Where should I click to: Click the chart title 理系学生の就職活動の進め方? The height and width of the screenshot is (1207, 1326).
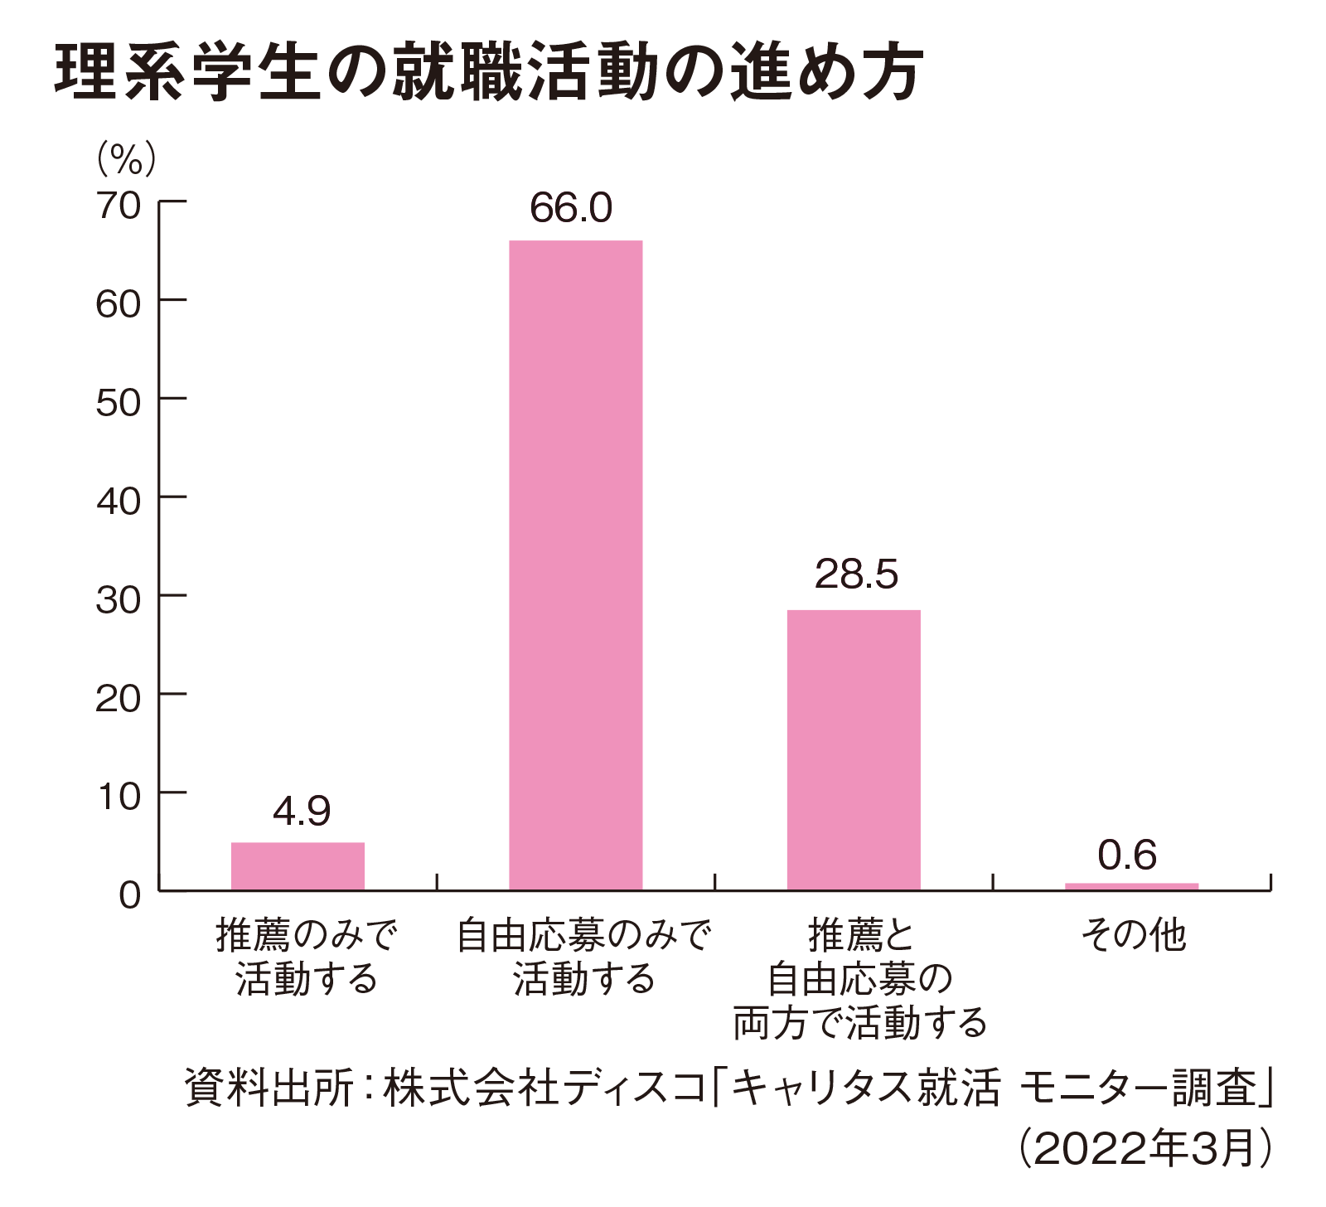point(489,73)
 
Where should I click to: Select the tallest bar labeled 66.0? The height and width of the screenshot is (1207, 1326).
point(575,564)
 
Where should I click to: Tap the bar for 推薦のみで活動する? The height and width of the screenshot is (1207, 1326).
point(298,865)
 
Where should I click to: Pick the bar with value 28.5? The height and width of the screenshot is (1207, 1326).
point(854,749)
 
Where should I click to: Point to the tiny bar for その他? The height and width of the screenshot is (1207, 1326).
point(1131,886)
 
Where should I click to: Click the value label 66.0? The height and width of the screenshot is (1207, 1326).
point(571,208)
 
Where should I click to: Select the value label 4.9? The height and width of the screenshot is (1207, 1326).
point(301,811)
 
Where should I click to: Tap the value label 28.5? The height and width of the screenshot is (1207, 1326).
point(856,574)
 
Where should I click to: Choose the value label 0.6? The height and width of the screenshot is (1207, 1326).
point(1127,856)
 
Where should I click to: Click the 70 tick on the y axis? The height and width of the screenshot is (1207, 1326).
point(119,206)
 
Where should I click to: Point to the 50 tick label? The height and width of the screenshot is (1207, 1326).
point(119,403)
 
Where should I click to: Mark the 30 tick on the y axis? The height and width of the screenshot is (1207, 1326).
point(119,599)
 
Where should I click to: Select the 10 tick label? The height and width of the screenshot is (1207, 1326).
point(119,797)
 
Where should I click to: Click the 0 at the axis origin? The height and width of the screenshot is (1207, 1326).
point(130,895)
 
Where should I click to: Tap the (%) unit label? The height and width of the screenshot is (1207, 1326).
point(126,158)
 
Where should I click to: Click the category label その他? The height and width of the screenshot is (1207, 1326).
point(1134,936)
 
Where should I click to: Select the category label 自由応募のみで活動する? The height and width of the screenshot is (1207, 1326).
point(584,957)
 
